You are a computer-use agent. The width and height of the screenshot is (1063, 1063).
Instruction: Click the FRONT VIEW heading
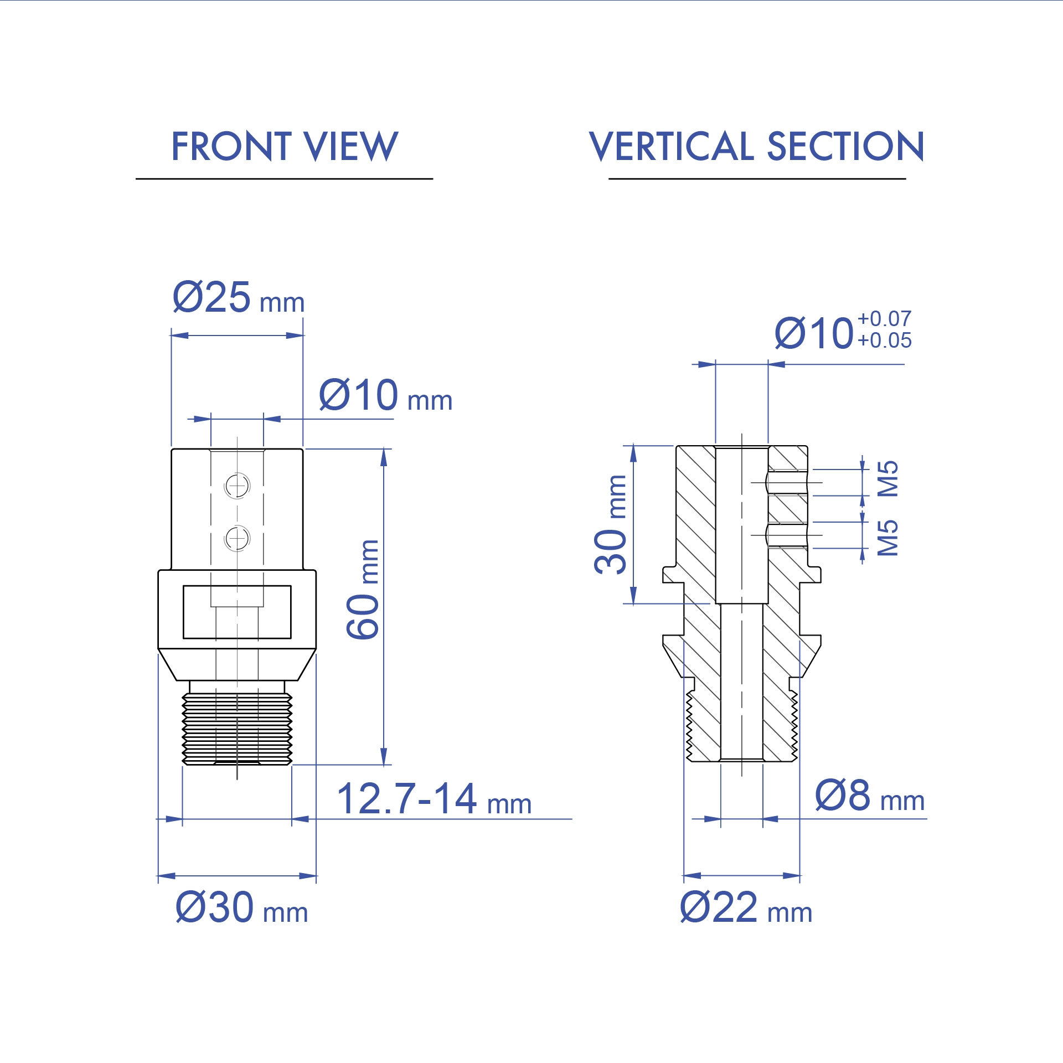(285, 147)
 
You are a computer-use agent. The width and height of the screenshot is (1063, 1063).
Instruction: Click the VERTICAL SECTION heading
(756, 147)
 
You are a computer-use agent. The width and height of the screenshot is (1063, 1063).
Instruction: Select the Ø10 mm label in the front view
(385, 396)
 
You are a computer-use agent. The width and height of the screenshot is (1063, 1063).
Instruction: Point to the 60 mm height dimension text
(363, 590)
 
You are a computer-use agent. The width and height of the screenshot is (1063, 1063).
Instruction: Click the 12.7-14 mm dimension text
(434, 799)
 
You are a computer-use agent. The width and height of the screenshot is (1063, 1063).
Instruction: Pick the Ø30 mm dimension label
(241, 907)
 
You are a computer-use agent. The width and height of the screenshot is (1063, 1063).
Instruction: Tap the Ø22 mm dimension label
(746, 907)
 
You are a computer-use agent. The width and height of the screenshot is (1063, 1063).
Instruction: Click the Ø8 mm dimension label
(869, 796)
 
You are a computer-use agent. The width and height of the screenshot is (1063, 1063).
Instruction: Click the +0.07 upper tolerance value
(884, 319)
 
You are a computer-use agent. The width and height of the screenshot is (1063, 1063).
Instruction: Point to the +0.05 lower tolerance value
(884, 340)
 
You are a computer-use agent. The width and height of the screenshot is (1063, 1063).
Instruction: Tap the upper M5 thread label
(888, 479)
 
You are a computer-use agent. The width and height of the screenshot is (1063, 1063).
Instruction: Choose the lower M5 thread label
(888, 538)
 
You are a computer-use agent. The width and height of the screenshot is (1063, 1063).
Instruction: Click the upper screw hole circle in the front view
(237, 486)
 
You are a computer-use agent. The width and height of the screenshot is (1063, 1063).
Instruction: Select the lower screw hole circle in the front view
(237, 538)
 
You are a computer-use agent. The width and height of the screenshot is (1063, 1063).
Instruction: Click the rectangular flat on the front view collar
(237, 612)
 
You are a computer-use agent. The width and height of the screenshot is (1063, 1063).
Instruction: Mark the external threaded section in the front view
(237, 728)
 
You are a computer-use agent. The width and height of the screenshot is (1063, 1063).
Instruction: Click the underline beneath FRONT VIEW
(284, 179)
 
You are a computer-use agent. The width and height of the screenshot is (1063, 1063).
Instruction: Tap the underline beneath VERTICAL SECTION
(757, 179)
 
